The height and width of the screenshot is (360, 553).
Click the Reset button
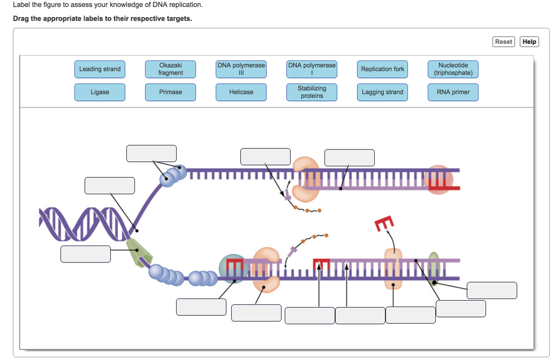coord(503,42)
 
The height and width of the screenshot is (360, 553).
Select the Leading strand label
coord(100,69)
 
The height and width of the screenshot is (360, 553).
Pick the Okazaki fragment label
coord(171,69)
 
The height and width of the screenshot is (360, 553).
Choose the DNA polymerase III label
coord(241,69)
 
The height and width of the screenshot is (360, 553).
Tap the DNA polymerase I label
coord(312,69)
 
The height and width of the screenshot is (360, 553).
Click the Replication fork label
coord(382,69)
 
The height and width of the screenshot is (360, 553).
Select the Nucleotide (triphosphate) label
coord(453,69)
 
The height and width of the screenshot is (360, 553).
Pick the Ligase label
coord(100,92)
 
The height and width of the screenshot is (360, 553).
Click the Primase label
coord(171,92)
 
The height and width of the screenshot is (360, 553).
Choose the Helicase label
coord(241,92)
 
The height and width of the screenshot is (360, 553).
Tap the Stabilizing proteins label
coord(312,92)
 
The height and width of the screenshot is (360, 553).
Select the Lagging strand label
coord(382,92)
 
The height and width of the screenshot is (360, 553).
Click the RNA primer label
coord(453,92)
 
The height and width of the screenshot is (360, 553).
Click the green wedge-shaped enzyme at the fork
coord(138,252)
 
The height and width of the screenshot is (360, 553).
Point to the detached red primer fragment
coord(383,223)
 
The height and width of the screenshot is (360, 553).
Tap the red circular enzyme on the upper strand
coord(435,179)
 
